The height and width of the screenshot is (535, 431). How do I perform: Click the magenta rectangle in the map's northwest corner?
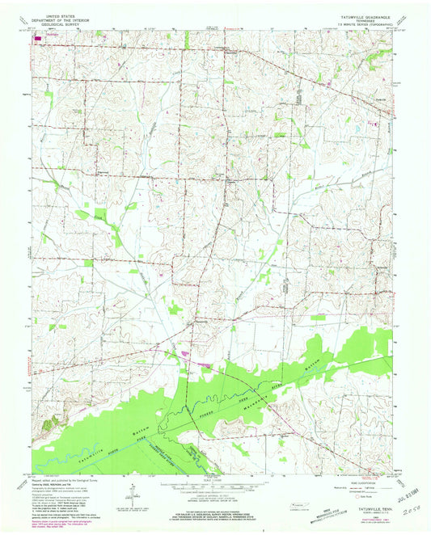click(x=37, y=36)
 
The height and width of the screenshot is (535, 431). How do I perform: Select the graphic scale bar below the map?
click(x=215, y=485)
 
